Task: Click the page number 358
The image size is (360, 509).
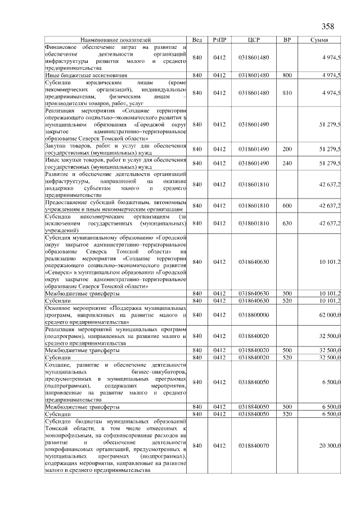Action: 327,26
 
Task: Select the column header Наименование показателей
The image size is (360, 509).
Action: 115,40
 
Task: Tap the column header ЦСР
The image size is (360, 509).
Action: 254,40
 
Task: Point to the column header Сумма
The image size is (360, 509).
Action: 323,40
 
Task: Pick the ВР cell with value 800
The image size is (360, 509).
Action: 287,75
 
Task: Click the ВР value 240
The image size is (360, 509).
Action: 287,163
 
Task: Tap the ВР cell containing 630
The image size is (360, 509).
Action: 287,223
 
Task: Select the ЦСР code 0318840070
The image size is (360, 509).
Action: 254,445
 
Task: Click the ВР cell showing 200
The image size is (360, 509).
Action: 287,149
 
